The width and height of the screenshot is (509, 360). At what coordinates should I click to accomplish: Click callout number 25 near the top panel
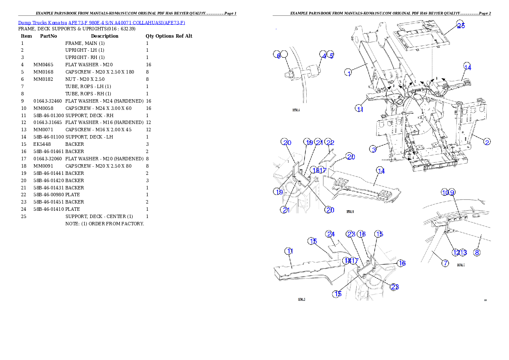460,25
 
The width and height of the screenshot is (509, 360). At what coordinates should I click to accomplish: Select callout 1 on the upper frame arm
349,73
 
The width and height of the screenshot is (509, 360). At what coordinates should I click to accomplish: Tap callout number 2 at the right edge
487,142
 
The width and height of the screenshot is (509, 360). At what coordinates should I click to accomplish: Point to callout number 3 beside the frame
373,149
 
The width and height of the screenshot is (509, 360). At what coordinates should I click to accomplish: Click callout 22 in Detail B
329,142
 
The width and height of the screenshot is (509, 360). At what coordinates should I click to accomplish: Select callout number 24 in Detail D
330,234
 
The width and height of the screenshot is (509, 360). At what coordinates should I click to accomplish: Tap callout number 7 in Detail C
445,263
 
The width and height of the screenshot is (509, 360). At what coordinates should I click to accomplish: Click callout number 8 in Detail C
477,253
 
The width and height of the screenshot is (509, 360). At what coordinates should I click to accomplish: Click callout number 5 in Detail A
331,55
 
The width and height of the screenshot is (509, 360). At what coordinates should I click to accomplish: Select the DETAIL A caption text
296,110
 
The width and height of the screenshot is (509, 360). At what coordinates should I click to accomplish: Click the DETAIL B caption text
349,212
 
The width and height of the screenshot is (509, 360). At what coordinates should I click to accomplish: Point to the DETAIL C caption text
460,265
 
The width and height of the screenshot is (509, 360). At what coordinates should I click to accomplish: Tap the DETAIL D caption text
301,299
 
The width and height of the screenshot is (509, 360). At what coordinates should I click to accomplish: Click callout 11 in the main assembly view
360,109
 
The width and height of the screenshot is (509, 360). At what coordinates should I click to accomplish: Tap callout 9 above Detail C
452,192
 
